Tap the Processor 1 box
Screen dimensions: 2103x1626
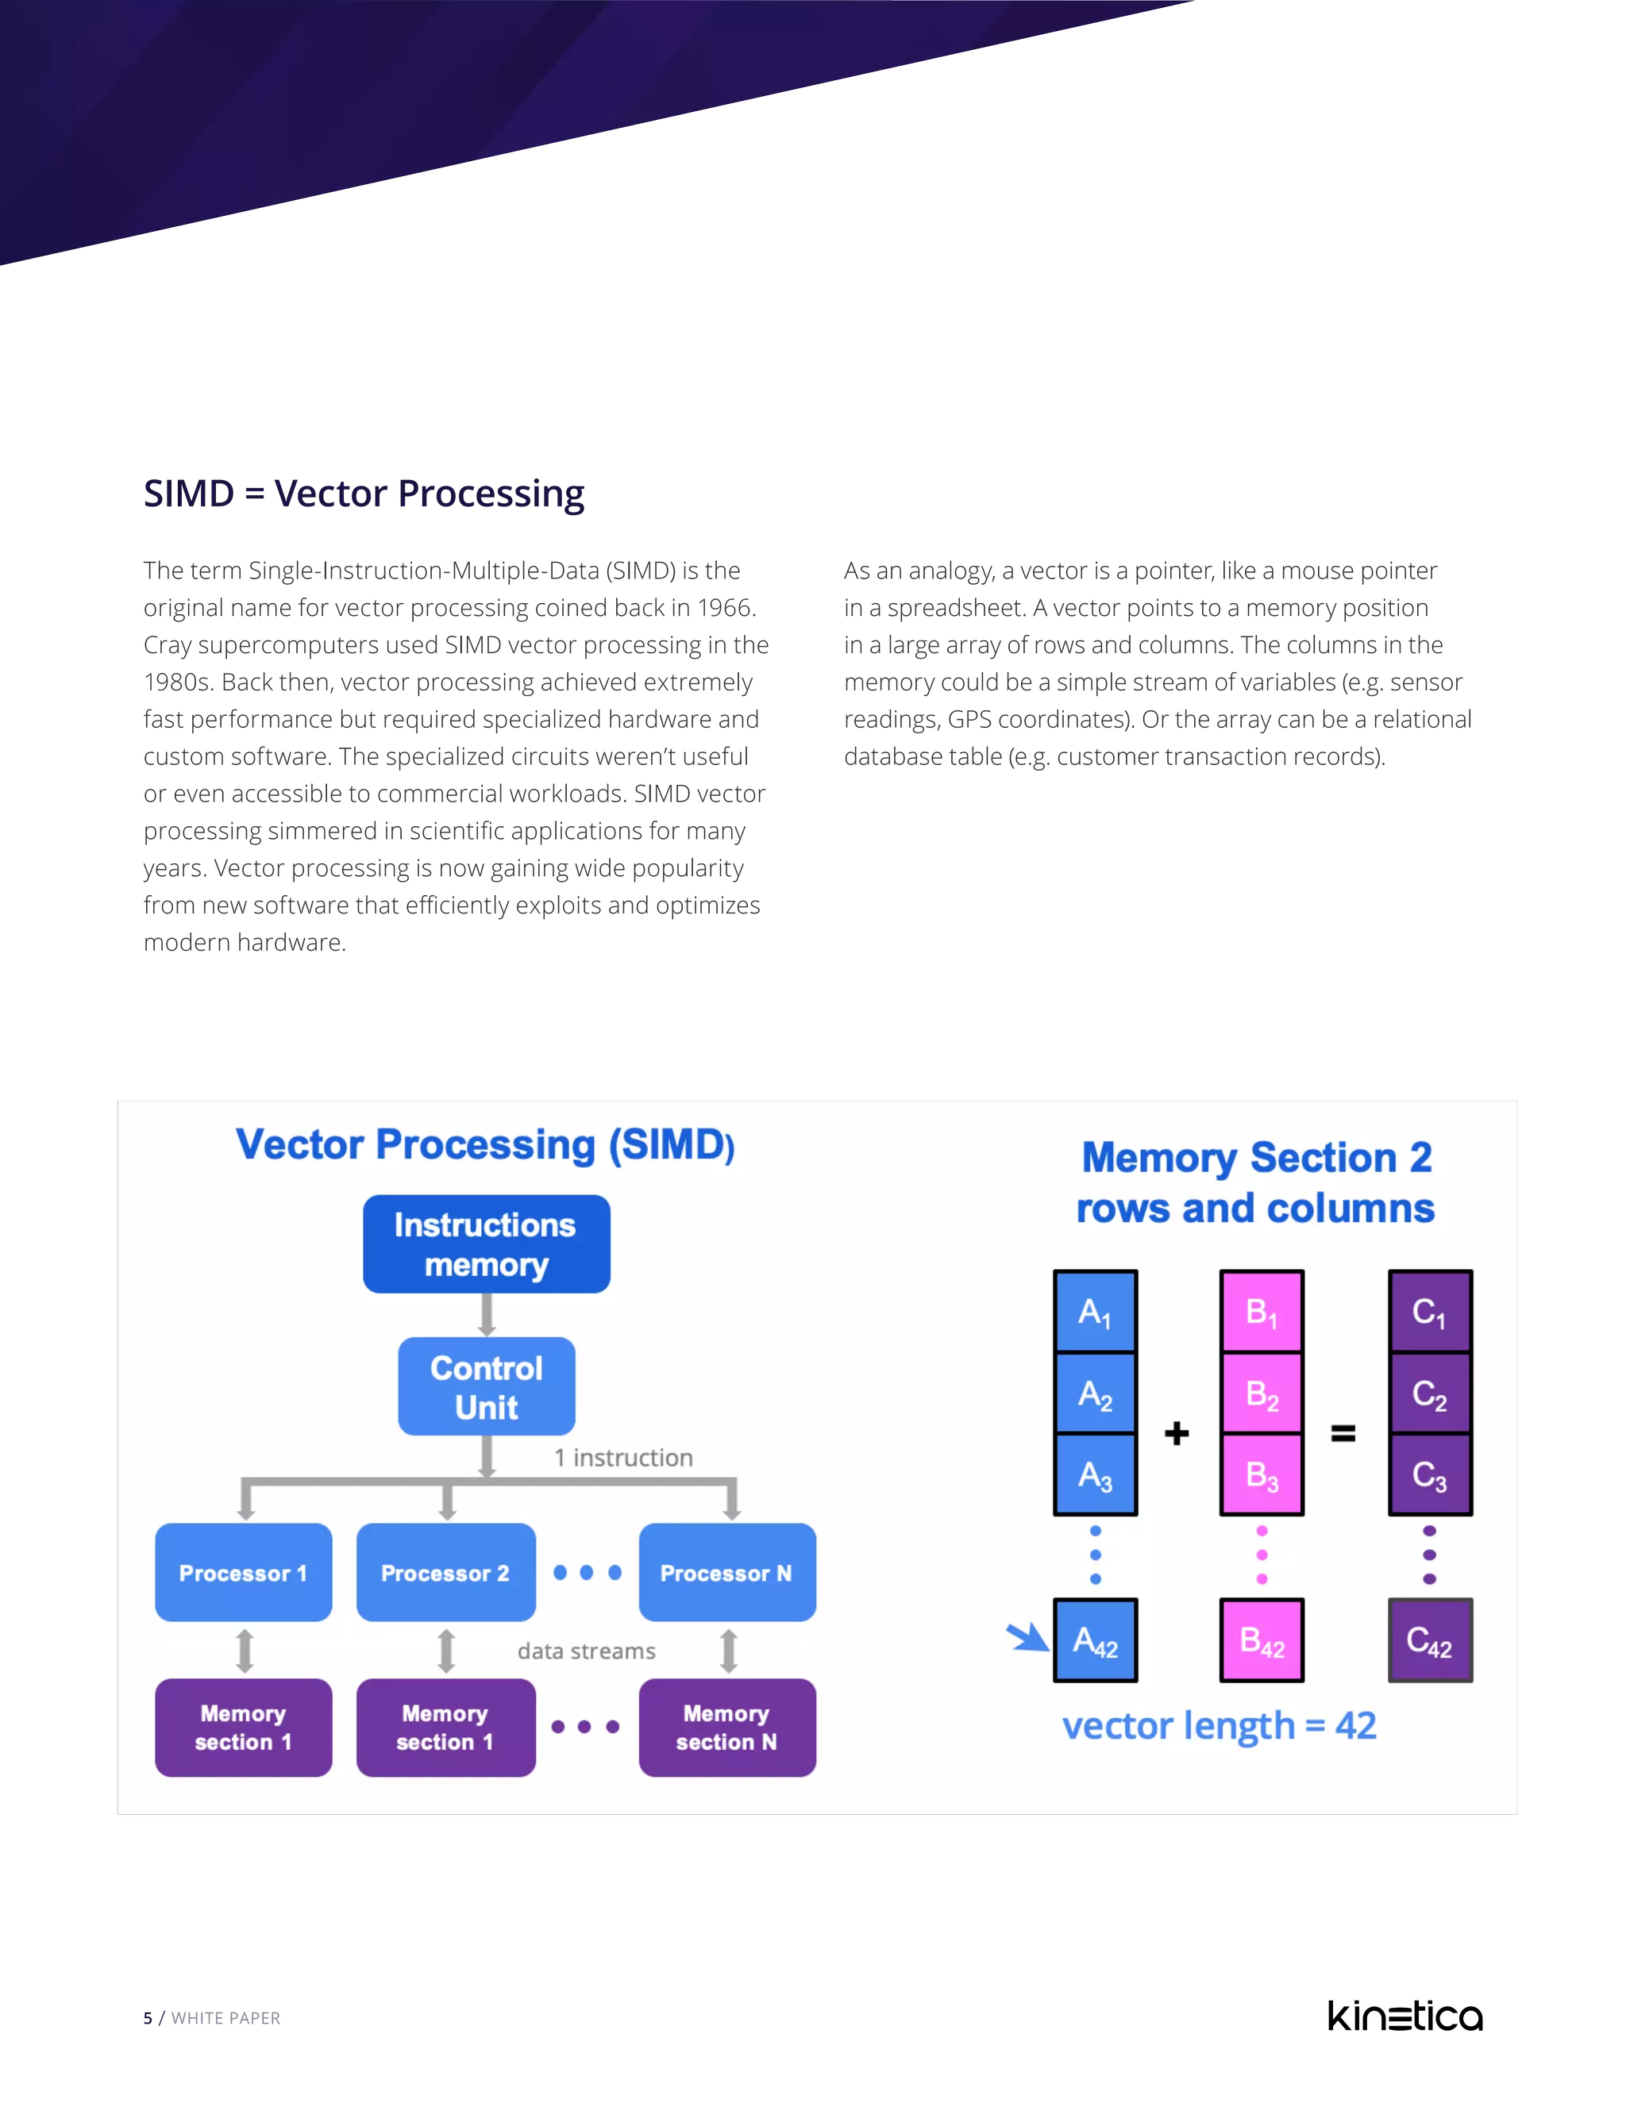tap(243, 1572)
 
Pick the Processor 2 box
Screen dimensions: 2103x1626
tap(445, 1572)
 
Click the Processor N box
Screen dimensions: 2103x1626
tap(726, 1572)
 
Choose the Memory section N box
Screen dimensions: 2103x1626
tap(726, 1728)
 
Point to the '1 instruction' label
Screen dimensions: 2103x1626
tap(623, 1458)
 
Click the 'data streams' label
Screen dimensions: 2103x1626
tap(586, 1651)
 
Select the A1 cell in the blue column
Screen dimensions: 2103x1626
tap(1094, 1312)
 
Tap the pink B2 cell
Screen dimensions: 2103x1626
tap(1261, 1394)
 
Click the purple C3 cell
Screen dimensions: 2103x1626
tap(1428, 1475)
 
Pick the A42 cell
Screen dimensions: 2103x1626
tap(1094, 1640)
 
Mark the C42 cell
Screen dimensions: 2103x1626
tap(1428, 1640)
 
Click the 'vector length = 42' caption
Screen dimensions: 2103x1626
tap(1219, 1725)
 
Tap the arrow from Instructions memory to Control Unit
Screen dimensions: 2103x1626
tap(487, 1314)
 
